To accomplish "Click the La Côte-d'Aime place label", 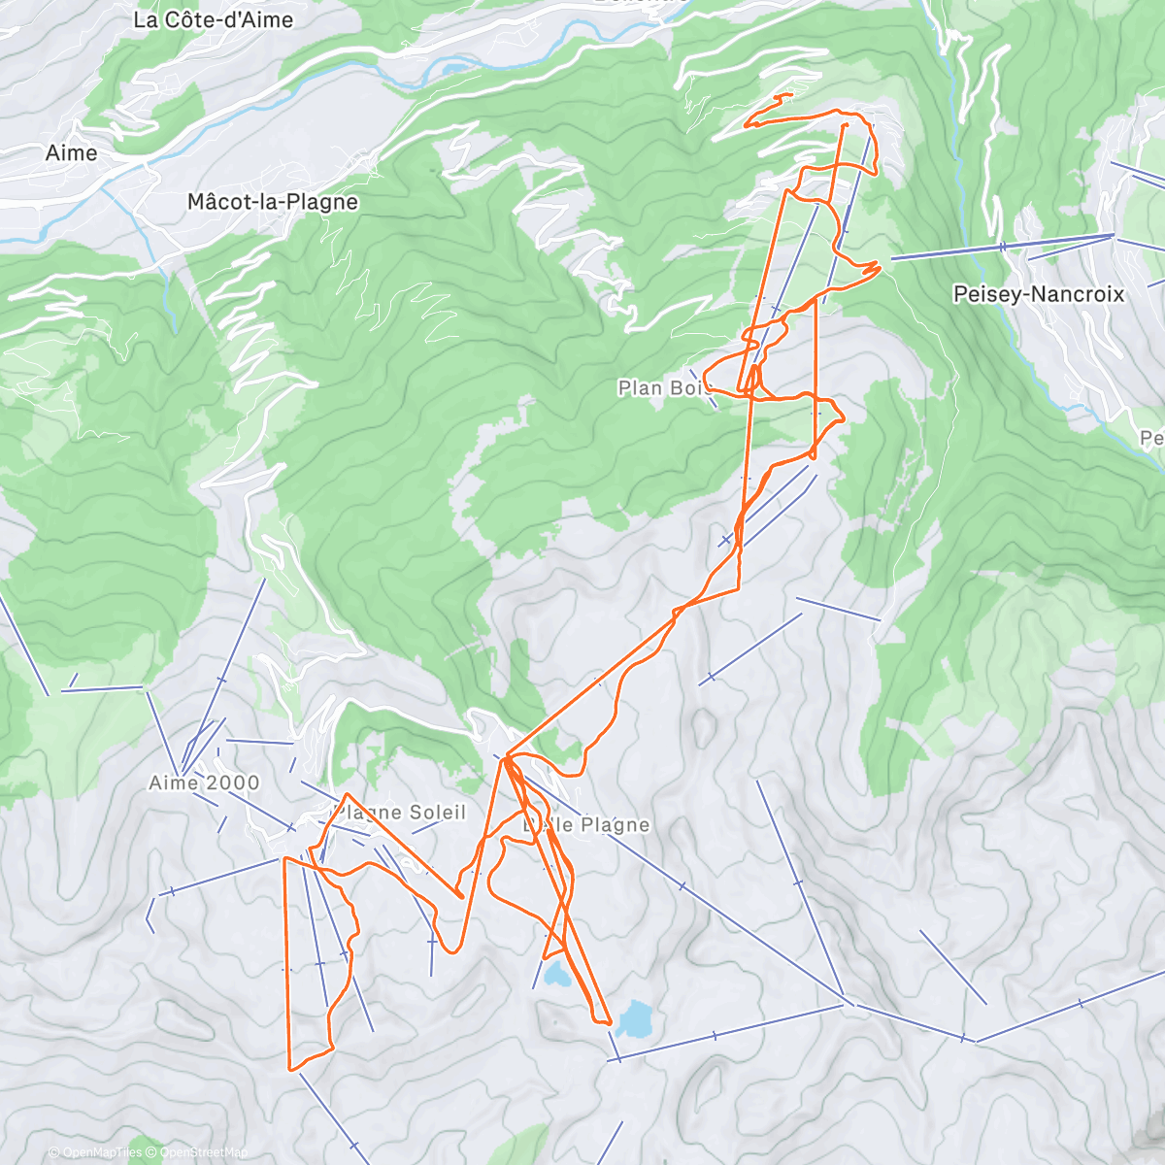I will [x=214, y=19].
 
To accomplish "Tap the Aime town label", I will [x=72, y=152].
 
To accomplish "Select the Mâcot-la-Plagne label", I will [x=273, y=202].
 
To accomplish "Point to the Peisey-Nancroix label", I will [x=1039, y=294].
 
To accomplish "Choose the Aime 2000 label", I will [x=204, y=782].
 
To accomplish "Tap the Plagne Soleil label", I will [x=400, y=813].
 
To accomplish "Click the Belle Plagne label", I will [x=586, y=824].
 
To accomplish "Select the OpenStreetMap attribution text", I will [x=204, y=1152].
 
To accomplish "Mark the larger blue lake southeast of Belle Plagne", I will [x=635, y=1018].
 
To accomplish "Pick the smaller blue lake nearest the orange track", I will [x=556, y=974].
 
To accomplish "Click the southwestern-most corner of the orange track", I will [x=290, y=1069].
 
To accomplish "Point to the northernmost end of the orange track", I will [x=791, y=94].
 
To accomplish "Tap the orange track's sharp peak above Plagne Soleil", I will [x=347, y=794].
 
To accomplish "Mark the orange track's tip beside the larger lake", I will [x=609, y=1022].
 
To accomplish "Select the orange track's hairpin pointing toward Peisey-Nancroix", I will [x=878, y=262].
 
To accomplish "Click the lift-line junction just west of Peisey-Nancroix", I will [x=1113, y=235].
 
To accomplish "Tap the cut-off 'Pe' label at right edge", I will [x=1152, y=439].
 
